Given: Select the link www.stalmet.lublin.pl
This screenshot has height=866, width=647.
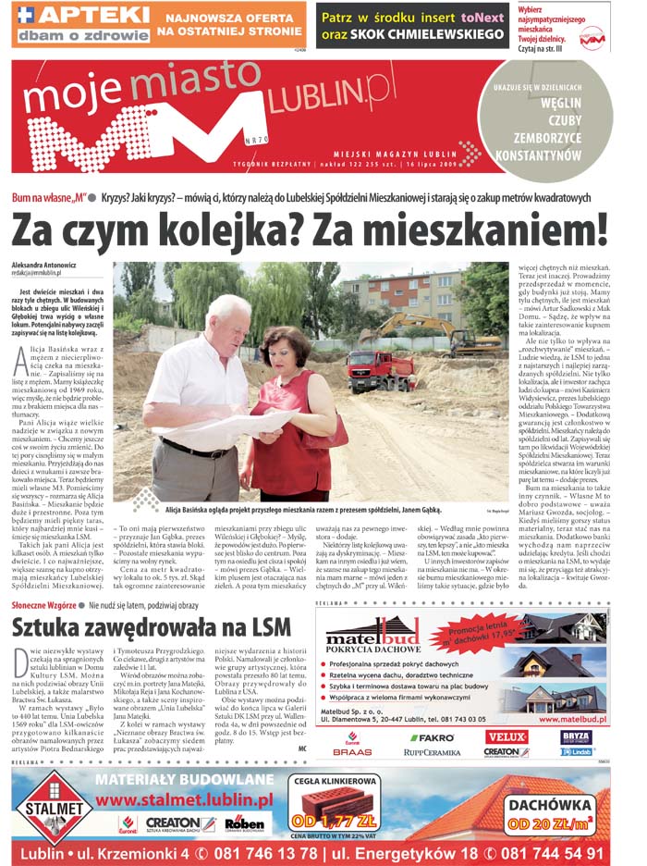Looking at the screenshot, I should click(184, 799).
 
